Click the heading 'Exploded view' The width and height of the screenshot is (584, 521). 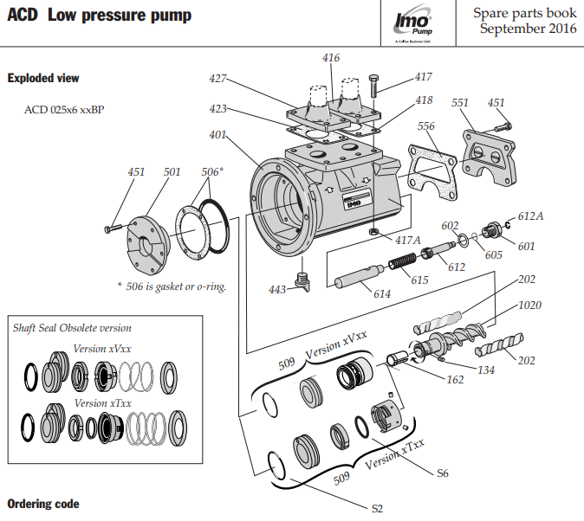(x=43, y=79)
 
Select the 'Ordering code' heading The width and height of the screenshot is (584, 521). (x=43, y=504)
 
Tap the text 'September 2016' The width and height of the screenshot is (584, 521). (x=528, y=29)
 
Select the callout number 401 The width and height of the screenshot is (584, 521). (x=217, y=135)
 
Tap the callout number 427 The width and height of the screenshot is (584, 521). (x=217, y=79)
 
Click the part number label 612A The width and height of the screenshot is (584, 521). (x=530, y=215)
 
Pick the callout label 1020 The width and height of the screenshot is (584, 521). (x=530, y=306)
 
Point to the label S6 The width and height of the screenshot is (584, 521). (x=442, y=473)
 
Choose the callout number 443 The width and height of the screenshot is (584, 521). (x=277, y=289)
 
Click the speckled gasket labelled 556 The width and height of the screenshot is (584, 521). (x=430, y=173)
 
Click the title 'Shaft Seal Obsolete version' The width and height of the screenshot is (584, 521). (x=72, y=328)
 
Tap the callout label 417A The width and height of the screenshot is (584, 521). (x=408, y=240)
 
